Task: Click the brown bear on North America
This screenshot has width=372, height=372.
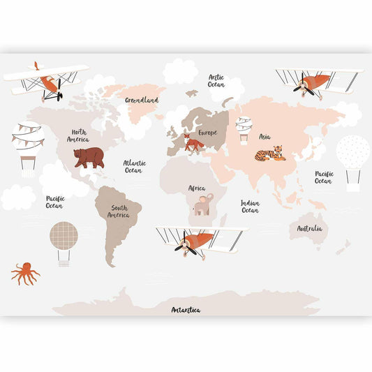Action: (x=89, y=157)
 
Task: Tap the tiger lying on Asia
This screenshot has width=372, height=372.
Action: (x=270, y=153)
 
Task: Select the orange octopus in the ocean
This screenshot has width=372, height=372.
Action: (x=25, y=272)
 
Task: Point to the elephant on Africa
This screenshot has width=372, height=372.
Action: (x=203, y=204)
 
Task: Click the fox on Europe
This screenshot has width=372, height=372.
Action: (x=194, y=144)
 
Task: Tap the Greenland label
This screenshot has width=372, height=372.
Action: (x=142, y=100)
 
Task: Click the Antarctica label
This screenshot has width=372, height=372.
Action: (x=186, y=309)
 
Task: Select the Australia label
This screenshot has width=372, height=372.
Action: (x=309, y=228)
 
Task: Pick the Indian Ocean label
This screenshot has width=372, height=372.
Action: (x=250, y=207)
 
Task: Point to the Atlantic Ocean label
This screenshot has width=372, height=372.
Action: (x=134, y=166)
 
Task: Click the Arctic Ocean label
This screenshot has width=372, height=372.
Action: (x=216, y=80)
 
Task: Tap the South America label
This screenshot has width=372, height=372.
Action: (x=119, y=211)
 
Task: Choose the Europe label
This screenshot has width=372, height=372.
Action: (x=207, y=132)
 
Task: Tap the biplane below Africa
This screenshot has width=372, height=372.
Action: (x=199, y=241)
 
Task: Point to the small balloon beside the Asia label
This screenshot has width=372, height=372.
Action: (x=244, y=128)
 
